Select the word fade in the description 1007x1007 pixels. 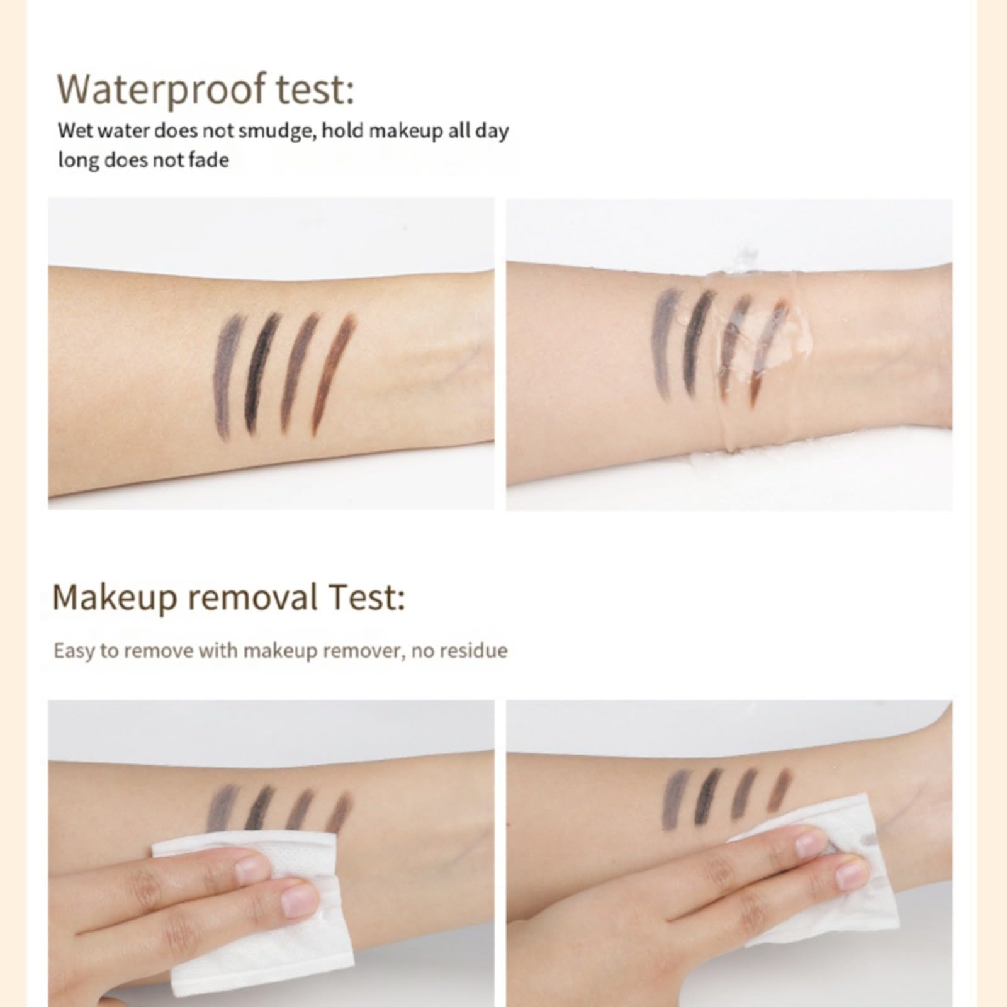click(210, 160)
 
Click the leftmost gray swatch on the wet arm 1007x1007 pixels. click(663, 343)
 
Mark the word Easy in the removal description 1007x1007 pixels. click(73, 650)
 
